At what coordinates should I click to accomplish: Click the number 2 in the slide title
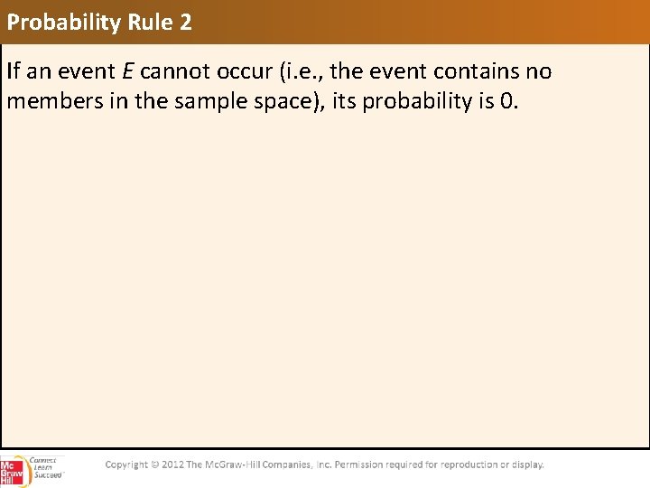[184, 22]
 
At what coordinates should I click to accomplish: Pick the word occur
[238, 71]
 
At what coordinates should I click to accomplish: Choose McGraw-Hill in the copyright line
[236, 465]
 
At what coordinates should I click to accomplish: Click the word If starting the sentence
[14, 71]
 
